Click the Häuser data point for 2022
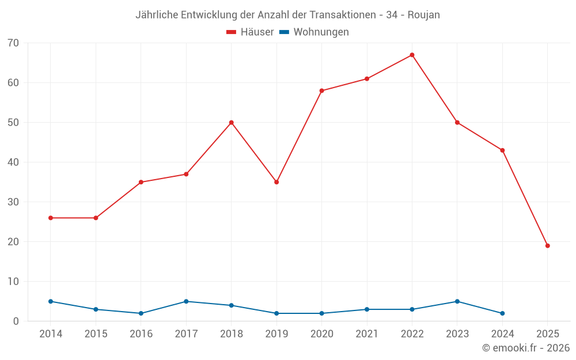412,55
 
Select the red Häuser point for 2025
547,246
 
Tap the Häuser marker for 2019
276,182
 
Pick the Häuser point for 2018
231,123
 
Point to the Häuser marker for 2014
51,218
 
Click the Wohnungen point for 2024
502,313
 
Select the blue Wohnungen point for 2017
186,301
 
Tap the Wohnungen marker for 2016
141,313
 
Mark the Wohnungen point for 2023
457,301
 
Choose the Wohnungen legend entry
314,32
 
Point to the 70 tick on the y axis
13,43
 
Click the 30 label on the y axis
13,202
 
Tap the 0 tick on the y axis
16,321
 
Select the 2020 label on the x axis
321,334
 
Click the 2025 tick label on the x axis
547,334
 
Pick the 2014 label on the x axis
51,334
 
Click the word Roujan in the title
423,15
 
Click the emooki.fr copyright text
525,348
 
